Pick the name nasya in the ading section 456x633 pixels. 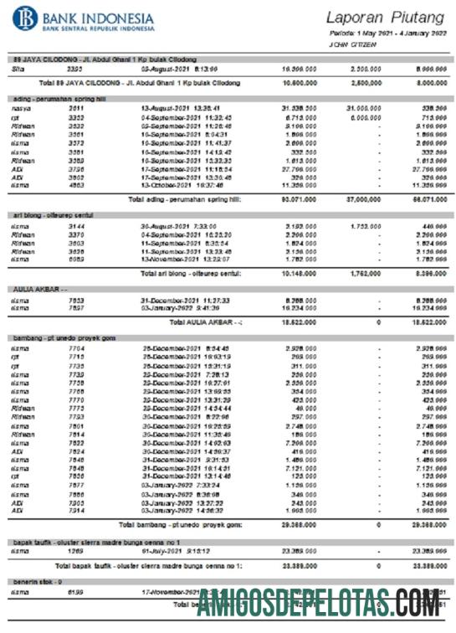22,109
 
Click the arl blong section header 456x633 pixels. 52,215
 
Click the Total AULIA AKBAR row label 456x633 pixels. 204,322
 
